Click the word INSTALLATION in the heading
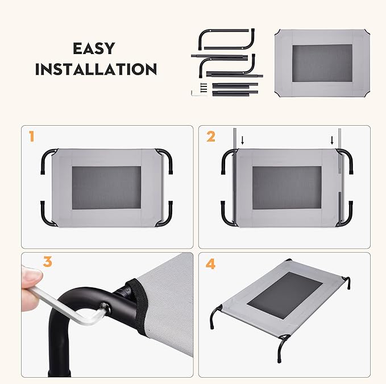click(96, 69)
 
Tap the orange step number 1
click(32, 137)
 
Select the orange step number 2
click(211, 137)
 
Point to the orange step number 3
click(48, 262)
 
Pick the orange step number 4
click(211, 264)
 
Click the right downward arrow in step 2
click(332, 140)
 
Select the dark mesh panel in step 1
click(107, 188)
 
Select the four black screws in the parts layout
click(203, 87)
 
